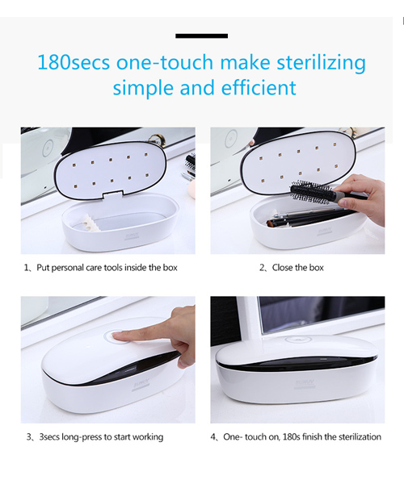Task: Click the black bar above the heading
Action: (201, 35)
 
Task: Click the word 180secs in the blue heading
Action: (74, 62)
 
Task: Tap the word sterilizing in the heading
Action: (321, 63)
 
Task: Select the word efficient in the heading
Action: (259, 88)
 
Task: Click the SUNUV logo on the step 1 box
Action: (132, 237)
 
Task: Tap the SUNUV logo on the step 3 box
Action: (141, 386)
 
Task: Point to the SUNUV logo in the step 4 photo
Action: (305, 383)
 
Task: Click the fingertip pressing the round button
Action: (118, 336)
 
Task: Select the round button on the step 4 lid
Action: (298, 340)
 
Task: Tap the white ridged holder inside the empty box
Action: (88, 223)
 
